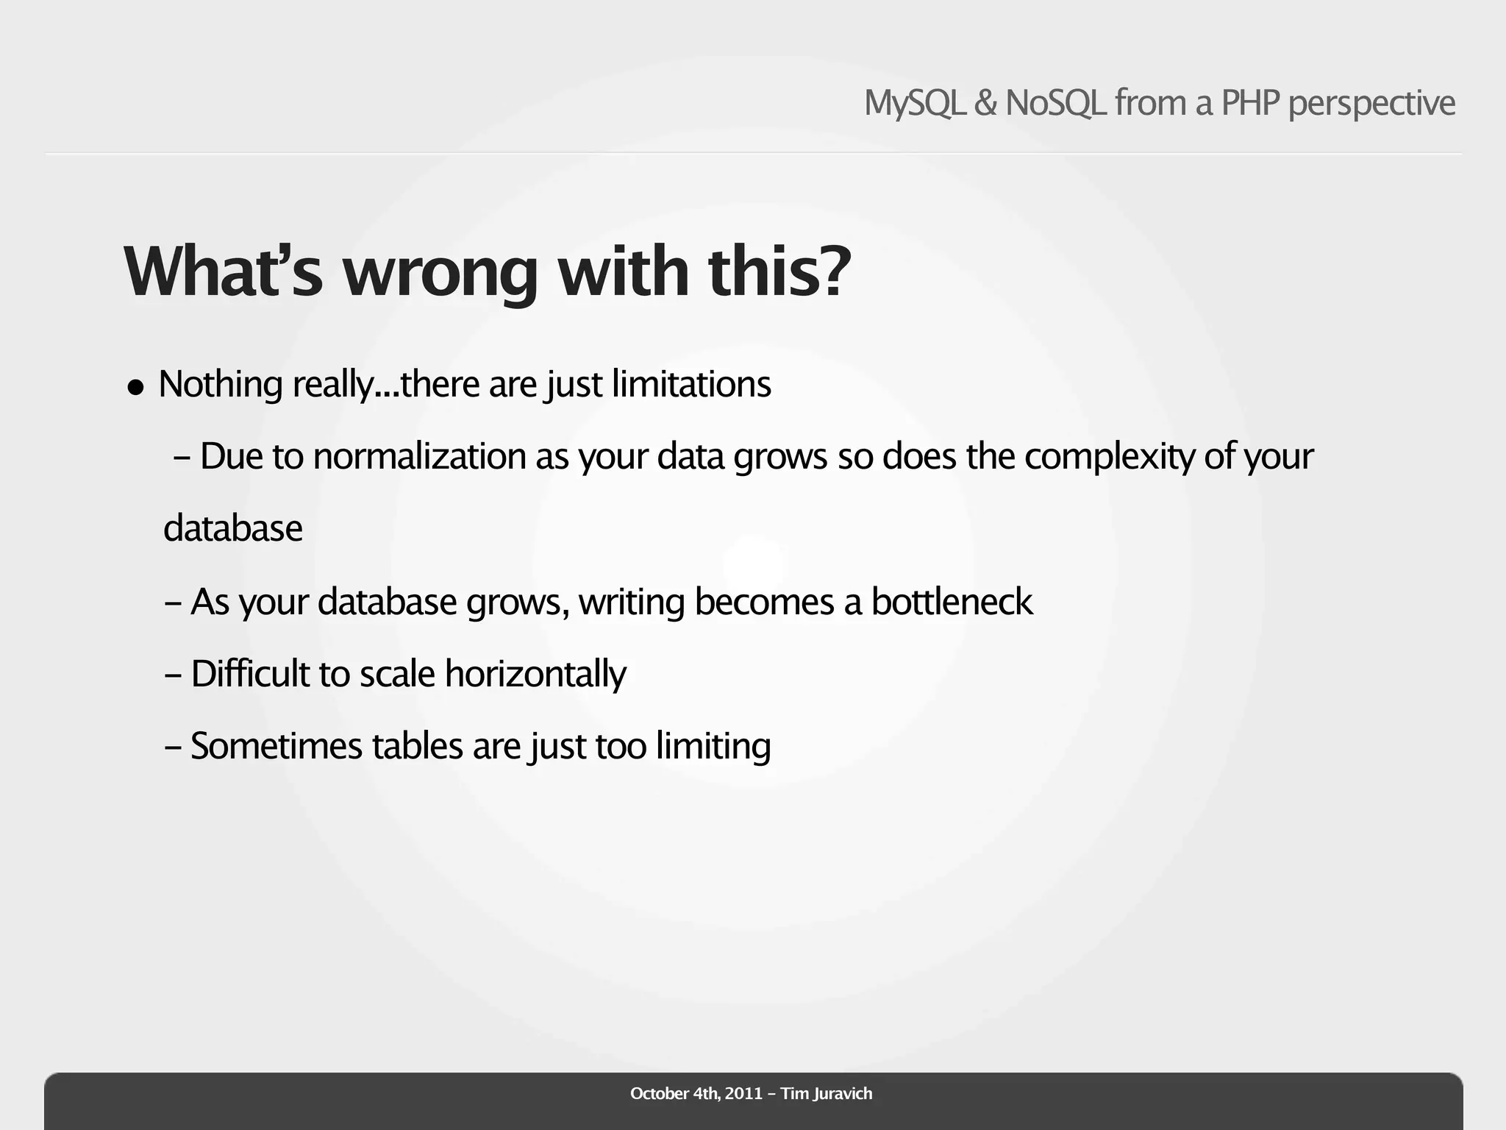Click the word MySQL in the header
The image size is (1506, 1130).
click(x=915, y=103)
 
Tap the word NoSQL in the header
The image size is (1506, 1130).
click(x=1055, y=103)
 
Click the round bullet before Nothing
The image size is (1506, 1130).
click(x=135, y=387)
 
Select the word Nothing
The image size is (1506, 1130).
click(x=221, y=384)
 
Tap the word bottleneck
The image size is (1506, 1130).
click(x=952, y=602)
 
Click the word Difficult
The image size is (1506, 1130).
click(x=250, y=674)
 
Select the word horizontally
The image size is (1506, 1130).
click(x=535, y=675)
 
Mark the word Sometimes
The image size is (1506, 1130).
click(x=276, y=746)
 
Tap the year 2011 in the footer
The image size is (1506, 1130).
click(x=743, y=1093)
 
